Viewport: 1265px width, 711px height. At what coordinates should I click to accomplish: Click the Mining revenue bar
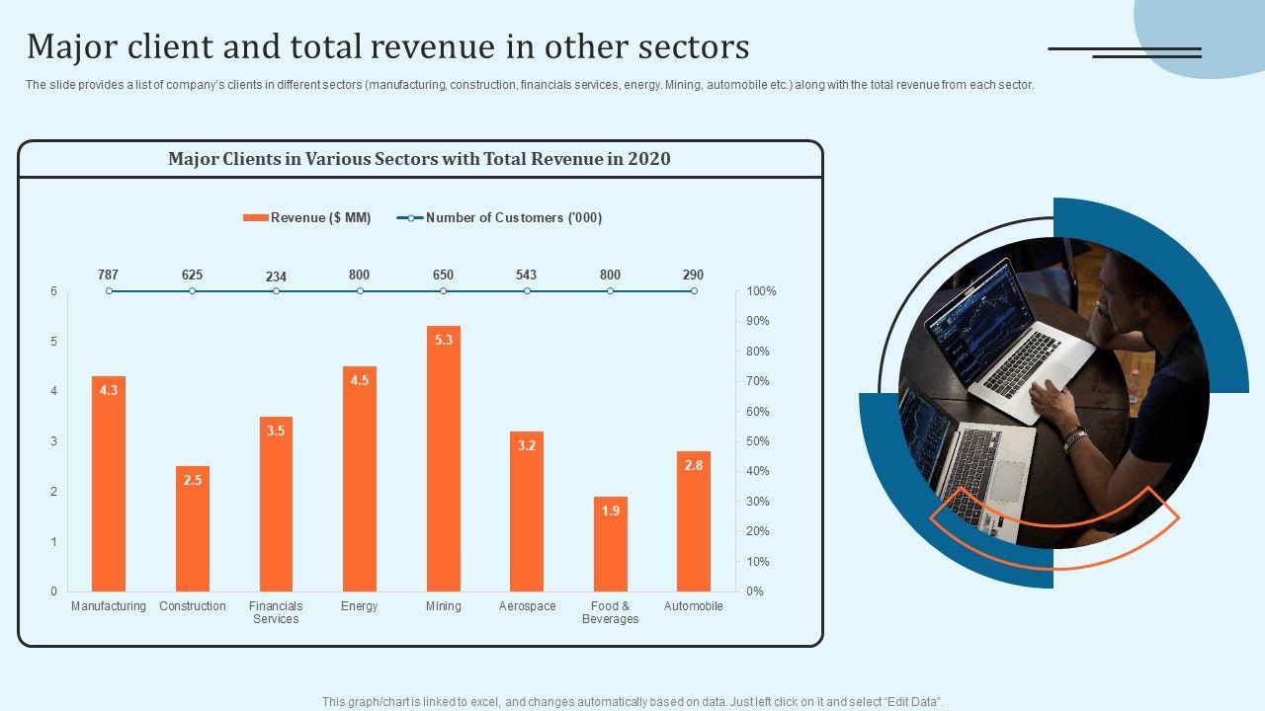pyautogui.click(x=444, y=464)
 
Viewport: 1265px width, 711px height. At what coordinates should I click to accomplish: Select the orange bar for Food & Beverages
pyautogui.click(x=611, y=548)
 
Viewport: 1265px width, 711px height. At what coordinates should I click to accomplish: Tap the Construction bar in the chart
pyautogui.click(x=193, y=533)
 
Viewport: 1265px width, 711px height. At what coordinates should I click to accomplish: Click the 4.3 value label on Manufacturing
pyautogui.click(x=109, y=390)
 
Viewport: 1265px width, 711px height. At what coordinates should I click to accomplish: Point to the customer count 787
pyautogui.click(x=109, y=275)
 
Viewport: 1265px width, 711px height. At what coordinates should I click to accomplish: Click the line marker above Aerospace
pyautogui.click(x=527, y=291)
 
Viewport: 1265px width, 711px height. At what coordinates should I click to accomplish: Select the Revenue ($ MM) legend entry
pyautogui.click(x=307, y=218)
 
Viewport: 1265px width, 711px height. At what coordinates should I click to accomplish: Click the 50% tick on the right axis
pyautogui.click(x=757, y=441)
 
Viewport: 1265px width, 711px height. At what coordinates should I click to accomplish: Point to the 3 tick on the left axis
pyautogui.click(x=54, y=441)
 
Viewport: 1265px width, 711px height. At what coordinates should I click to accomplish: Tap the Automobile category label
pyautogui.click(x=694, y=606)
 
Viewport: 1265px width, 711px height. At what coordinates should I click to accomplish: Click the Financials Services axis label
pyautogui.click(x=276, y=612)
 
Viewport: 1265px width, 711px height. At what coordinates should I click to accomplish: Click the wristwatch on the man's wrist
pyautogui.click(x=1074, y=438)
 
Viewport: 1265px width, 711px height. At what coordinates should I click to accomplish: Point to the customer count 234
pyautogui.click(x=276, y=276)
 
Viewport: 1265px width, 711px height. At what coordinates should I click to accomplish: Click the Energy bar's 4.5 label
pyautogui.click(x=360, y=380)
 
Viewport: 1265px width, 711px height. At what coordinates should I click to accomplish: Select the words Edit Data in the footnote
pyautogui.click(x=912, y=702)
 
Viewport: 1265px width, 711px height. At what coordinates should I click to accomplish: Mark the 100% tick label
pyautogui.click(x=761, y=291)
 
